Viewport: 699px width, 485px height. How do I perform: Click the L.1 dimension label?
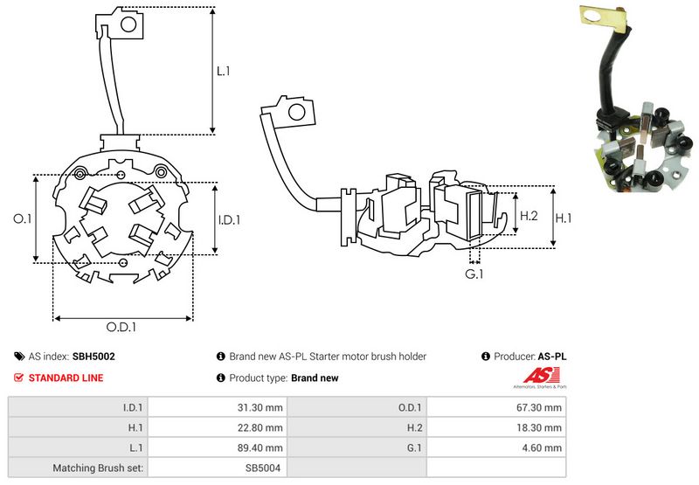223,71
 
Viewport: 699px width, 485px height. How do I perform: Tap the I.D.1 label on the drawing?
228,219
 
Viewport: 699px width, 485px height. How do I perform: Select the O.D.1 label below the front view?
122,328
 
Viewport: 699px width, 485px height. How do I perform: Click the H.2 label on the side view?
529,215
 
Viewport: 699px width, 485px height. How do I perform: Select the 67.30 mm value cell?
541,407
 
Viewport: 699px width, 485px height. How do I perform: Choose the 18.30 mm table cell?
541,427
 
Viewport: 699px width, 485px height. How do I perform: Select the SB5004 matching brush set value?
265,468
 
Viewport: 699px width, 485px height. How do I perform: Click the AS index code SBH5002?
93,357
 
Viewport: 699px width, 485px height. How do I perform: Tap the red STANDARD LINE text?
66,378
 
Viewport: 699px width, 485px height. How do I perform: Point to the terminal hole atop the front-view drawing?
128,25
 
